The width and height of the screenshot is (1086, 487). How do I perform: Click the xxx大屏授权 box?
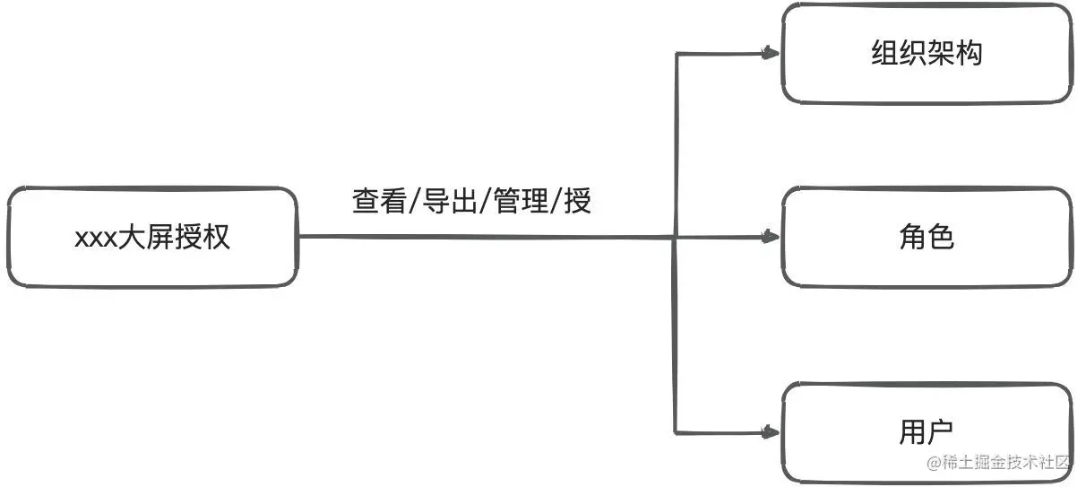point(152,237)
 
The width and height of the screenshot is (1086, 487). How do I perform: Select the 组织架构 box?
point(927,53)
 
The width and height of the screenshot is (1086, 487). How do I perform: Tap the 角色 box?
point(927,238)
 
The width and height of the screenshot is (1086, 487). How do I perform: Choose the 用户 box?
point(927,432)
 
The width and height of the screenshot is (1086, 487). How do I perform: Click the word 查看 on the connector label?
point(377,201)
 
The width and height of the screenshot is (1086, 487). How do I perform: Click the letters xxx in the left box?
point(91,239)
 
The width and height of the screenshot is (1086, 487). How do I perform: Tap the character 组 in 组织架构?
point(885,53)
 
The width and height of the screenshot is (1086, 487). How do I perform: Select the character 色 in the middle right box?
point(940,238)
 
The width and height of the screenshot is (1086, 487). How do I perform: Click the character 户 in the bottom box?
point(940,432)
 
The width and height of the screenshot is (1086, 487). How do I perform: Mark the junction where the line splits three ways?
point(674,238)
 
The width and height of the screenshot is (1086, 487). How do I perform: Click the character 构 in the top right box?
point(969,53)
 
